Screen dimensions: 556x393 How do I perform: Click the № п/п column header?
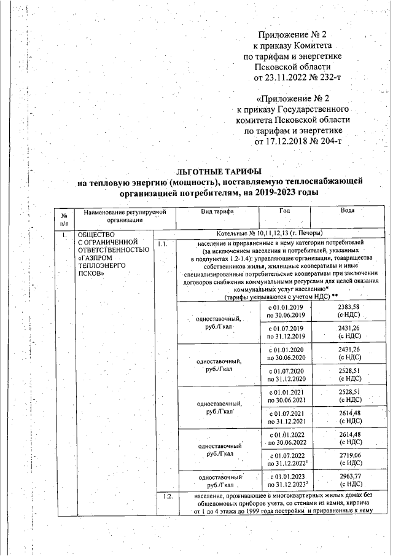pos(64,218)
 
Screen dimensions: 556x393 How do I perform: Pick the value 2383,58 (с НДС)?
pos(348,310)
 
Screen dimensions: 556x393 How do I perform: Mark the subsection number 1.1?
pos(163,244)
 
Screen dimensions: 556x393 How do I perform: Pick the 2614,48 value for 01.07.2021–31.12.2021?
pos(348,417)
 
